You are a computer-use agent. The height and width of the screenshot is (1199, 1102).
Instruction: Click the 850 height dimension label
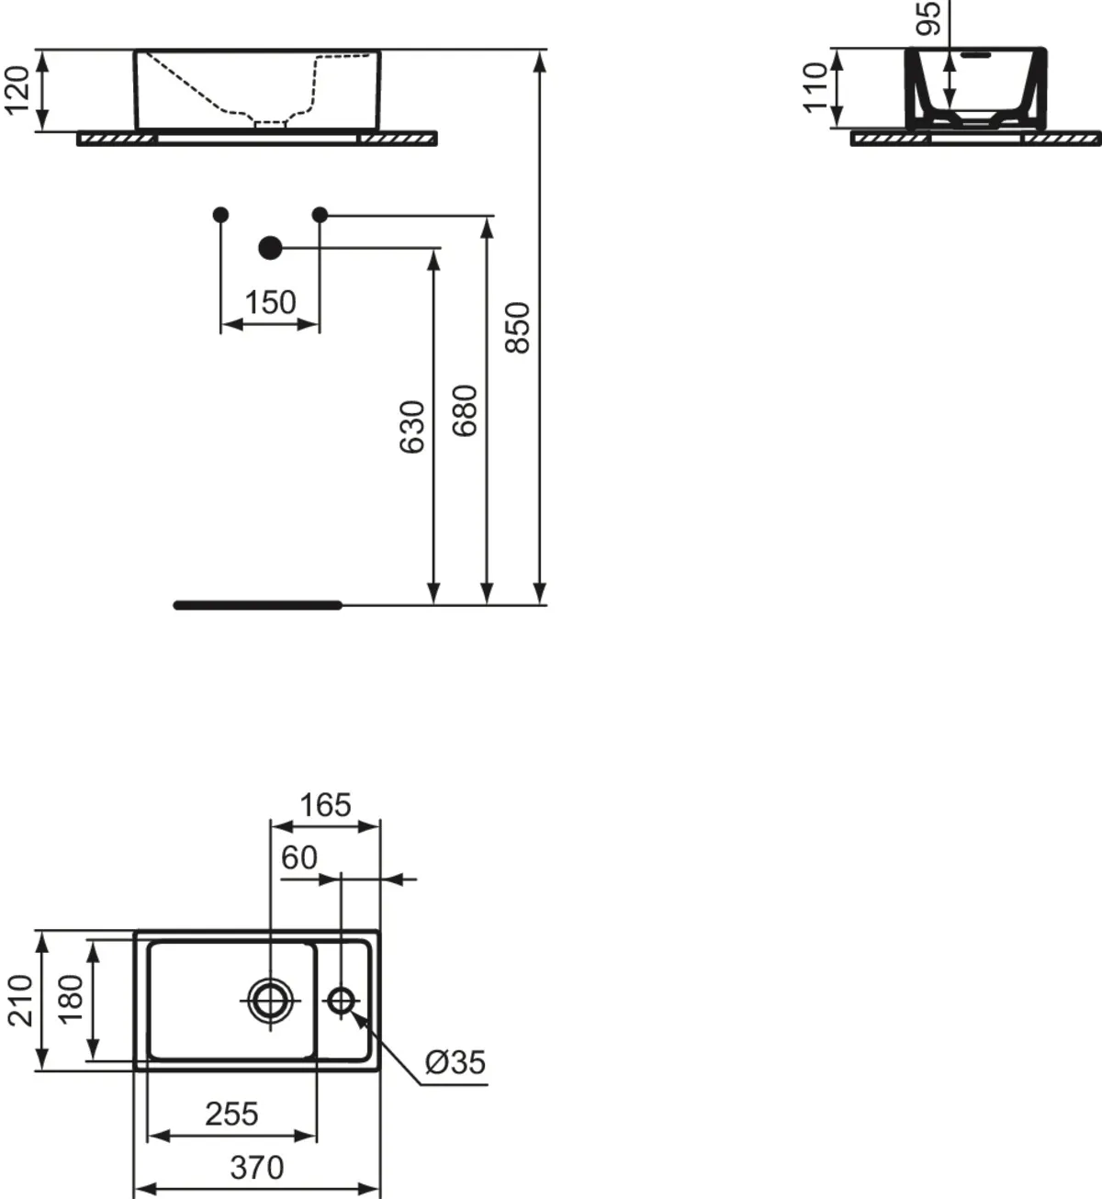(517, 328)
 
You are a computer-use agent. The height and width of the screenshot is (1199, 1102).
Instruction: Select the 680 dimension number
(465, 410)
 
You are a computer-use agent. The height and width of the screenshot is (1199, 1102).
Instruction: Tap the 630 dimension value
(412, 427)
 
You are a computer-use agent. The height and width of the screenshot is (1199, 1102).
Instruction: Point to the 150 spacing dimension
(270, 302)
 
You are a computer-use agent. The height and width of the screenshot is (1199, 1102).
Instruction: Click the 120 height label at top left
(17, 90)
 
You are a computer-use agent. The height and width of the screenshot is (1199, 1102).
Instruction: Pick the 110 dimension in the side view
(815, 88)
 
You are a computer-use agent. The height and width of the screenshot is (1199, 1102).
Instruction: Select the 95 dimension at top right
(928, 18)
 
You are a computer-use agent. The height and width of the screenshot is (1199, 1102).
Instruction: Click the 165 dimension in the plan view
(325, 805)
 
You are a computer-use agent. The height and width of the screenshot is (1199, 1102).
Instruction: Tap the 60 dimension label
(299, 857)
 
